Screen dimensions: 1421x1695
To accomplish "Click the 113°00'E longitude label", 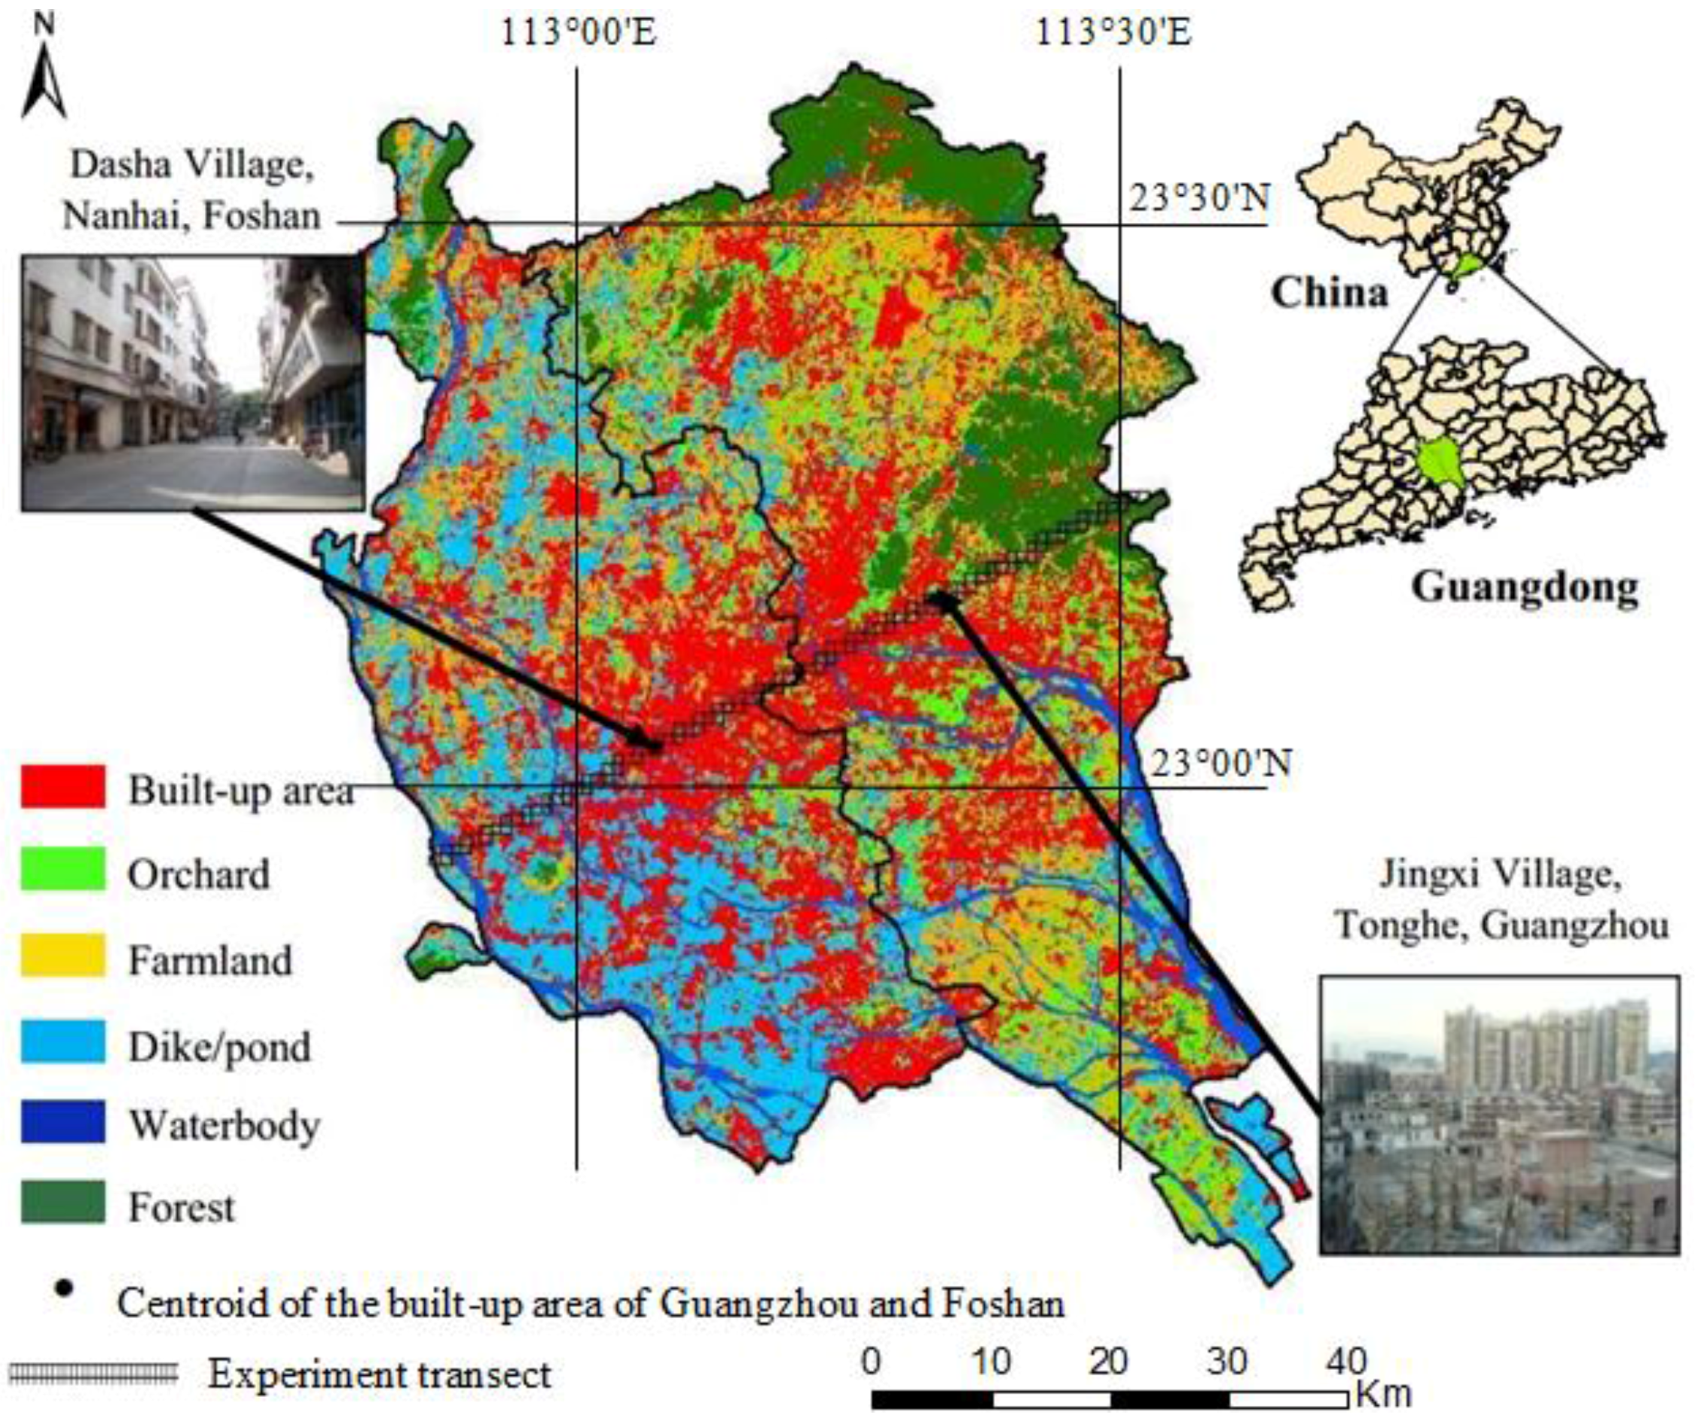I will (578, 35).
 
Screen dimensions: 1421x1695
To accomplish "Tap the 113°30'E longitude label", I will (1113, 35).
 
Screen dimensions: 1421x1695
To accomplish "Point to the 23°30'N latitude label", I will (1199, 198).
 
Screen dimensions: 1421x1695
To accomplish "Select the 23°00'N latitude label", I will (1220, 764).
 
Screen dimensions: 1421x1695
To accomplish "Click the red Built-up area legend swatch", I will (63, 787).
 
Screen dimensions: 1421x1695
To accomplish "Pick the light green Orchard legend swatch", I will (63, 869).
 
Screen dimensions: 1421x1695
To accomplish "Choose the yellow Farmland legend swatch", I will (63, 956).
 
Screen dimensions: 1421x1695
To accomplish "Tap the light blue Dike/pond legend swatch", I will (63, 1041).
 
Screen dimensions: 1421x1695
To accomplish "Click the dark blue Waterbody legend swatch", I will (63, 1121).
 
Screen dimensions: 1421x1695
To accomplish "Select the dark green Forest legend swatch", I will (63, 1203).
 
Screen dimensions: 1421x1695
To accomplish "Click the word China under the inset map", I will (1330, 292).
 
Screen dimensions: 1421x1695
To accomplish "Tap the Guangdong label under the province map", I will (1525, 587).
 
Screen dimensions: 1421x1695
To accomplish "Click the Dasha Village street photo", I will (192, 383).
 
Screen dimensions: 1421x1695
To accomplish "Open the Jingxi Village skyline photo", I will (1499, 1115).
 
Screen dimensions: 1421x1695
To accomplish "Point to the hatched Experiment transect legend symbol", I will (93, 1373).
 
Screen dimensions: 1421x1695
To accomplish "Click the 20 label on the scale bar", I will (1107, 1362).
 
